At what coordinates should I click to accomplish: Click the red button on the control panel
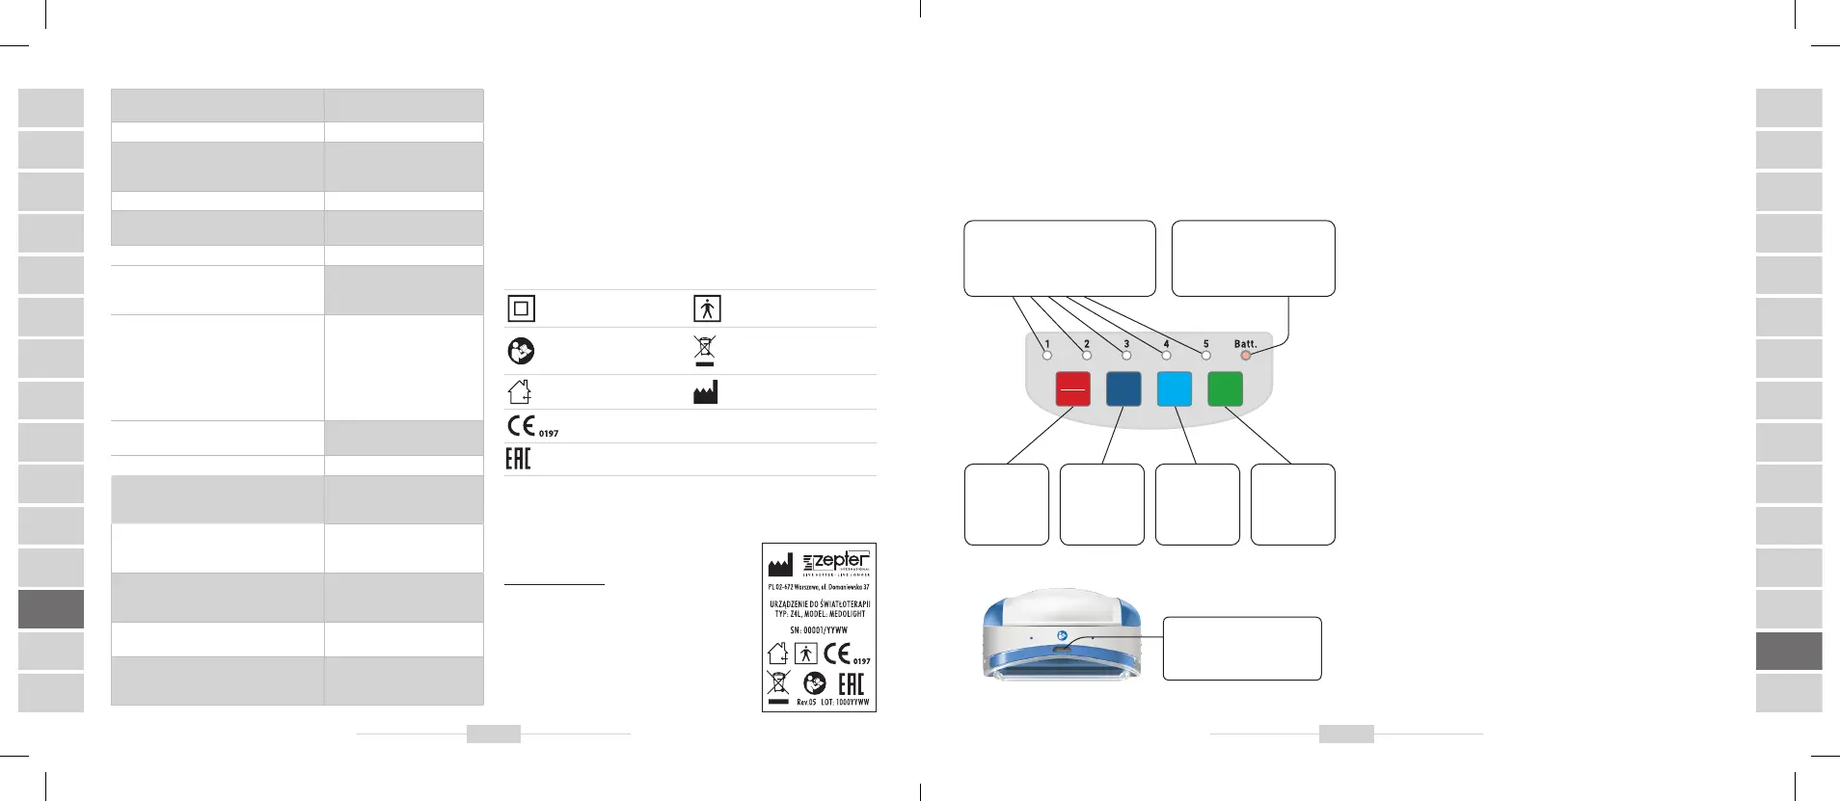[1073, 389]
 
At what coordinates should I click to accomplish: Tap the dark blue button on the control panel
[1123, 389]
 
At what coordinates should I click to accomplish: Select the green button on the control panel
[1225, 389]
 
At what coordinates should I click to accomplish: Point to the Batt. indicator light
[1245, 356]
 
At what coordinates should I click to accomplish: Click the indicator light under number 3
[1126, 356]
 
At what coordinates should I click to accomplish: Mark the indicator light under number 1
[1047, 356]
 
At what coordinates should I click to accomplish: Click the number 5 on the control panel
[1205, 343]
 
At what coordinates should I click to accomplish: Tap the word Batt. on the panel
[1245, 343]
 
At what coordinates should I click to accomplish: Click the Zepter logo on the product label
[836, 561]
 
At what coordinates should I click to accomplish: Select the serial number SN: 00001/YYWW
[819, 629]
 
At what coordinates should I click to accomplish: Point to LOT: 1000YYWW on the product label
[845, 703]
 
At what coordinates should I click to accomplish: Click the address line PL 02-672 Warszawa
[819, 587]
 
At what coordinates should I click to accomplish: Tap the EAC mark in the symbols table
[518, 459]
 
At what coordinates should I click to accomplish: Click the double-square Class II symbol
[521, 308]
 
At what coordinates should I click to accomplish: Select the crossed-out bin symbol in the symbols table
[705, 350]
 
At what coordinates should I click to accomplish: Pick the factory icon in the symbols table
[705, 392]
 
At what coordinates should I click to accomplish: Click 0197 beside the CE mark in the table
[549, 434]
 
